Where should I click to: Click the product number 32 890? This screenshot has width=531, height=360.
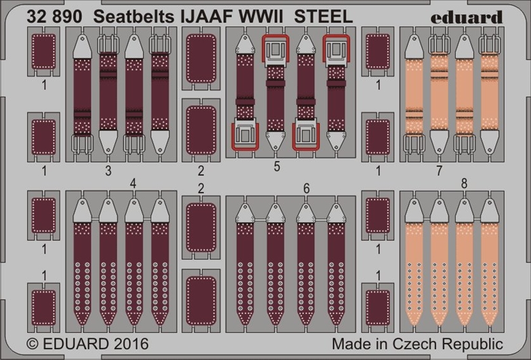[x=51, y=16]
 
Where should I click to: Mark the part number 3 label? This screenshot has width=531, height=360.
[x=108, y=171]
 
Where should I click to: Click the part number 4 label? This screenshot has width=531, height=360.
[x=133, y=183]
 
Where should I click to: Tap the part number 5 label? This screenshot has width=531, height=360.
[x=276, y=166]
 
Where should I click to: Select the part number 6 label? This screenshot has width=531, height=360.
[x=306, y=189]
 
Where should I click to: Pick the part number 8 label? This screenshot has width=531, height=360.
[x=464, y=183]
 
